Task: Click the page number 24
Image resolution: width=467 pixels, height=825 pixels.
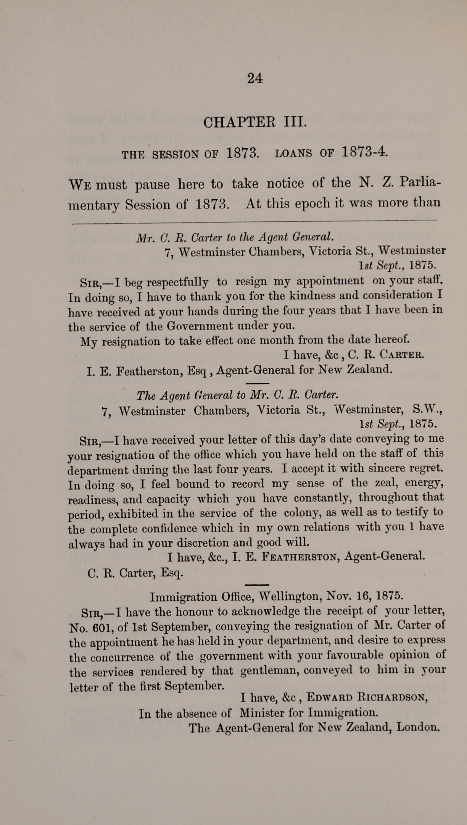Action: pos(255,78)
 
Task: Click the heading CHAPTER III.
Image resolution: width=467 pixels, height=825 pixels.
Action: pos(254,123)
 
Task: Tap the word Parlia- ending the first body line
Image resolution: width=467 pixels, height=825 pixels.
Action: pos(419,183)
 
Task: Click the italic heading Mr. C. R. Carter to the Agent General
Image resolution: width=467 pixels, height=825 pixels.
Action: pos(235,237)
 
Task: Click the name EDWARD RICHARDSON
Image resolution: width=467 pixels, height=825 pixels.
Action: pos(367,697)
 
